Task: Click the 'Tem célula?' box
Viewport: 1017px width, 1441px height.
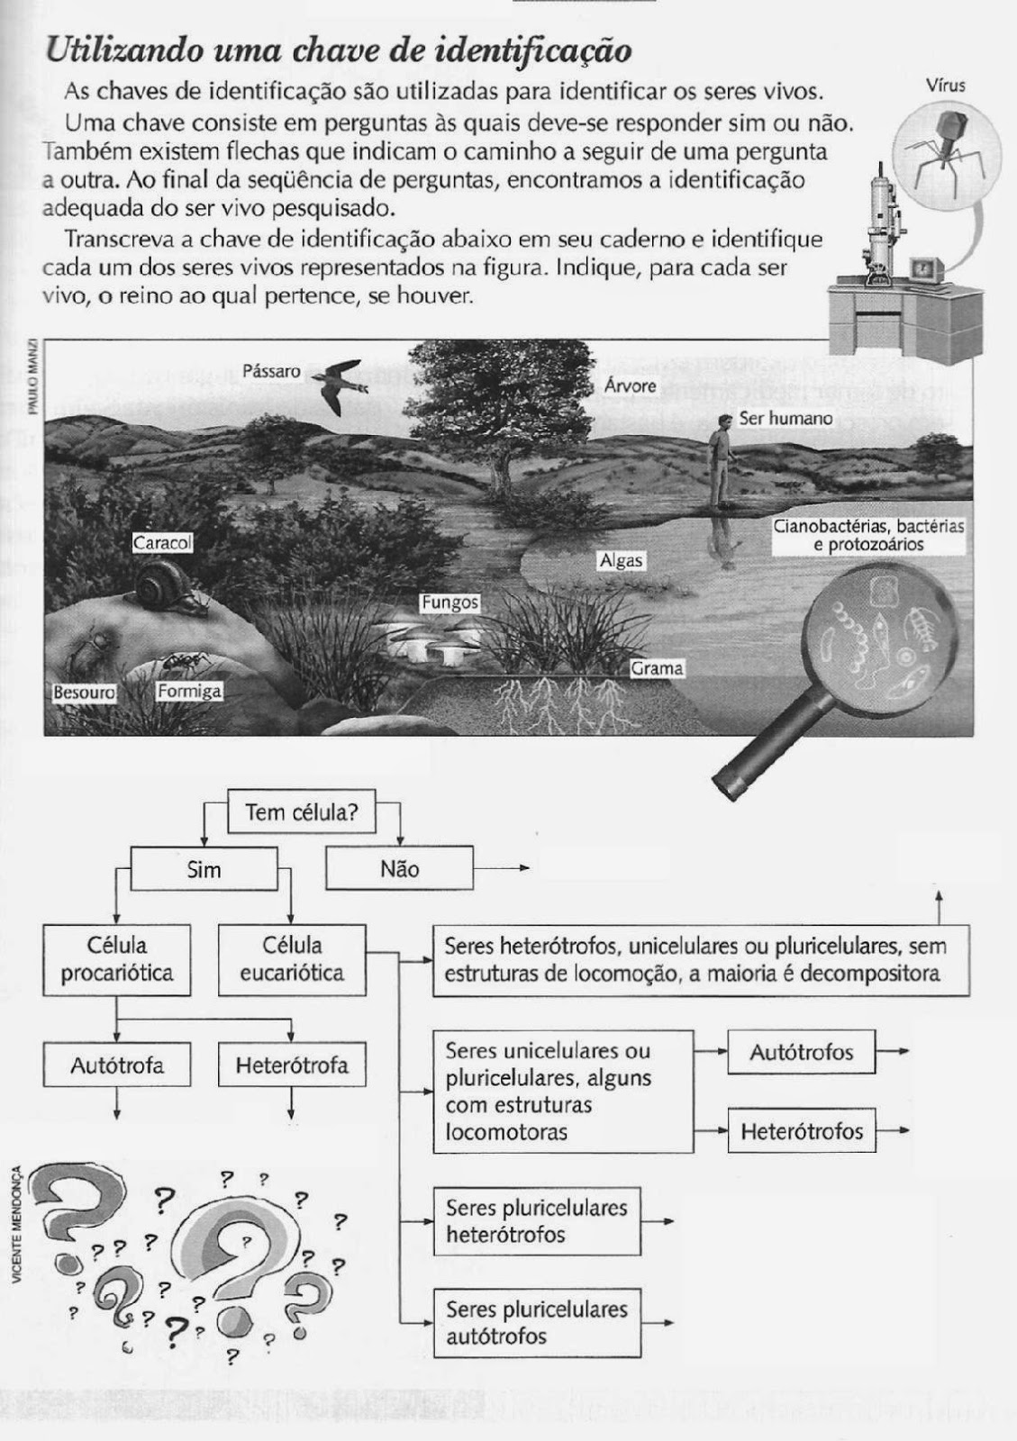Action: coord(302,812)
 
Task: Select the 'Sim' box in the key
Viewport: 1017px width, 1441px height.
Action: coord(204,869)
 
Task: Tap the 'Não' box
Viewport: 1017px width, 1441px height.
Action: coord(399,869)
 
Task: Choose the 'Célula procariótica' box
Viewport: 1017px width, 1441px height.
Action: coord(117,960)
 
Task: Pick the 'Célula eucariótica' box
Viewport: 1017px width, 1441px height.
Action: coord(292,960)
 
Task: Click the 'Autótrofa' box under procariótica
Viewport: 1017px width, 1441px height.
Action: coord(117,1066)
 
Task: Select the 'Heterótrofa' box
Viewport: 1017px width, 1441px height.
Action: coord(292,1066)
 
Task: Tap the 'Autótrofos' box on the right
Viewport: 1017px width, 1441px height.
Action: coord(802,1052)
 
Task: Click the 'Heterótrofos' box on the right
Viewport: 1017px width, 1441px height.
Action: coord(802,1131)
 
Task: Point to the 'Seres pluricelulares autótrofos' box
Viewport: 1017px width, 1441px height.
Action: coord(537,1323)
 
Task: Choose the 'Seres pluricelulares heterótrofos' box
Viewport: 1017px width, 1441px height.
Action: coord(537,1221)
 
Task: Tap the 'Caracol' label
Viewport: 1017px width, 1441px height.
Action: coord(162,543)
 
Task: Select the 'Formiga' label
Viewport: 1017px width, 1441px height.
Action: coord(189,691)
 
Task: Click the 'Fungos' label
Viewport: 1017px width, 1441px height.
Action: coord(449,603)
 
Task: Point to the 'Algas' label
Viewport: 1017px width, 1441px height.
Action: coord(622,560)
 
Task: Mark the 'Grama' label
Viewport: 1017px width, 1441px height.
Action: coord(657,668)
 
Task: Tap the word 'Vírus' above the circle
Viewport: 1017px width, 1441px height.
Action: coord(945,86)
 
